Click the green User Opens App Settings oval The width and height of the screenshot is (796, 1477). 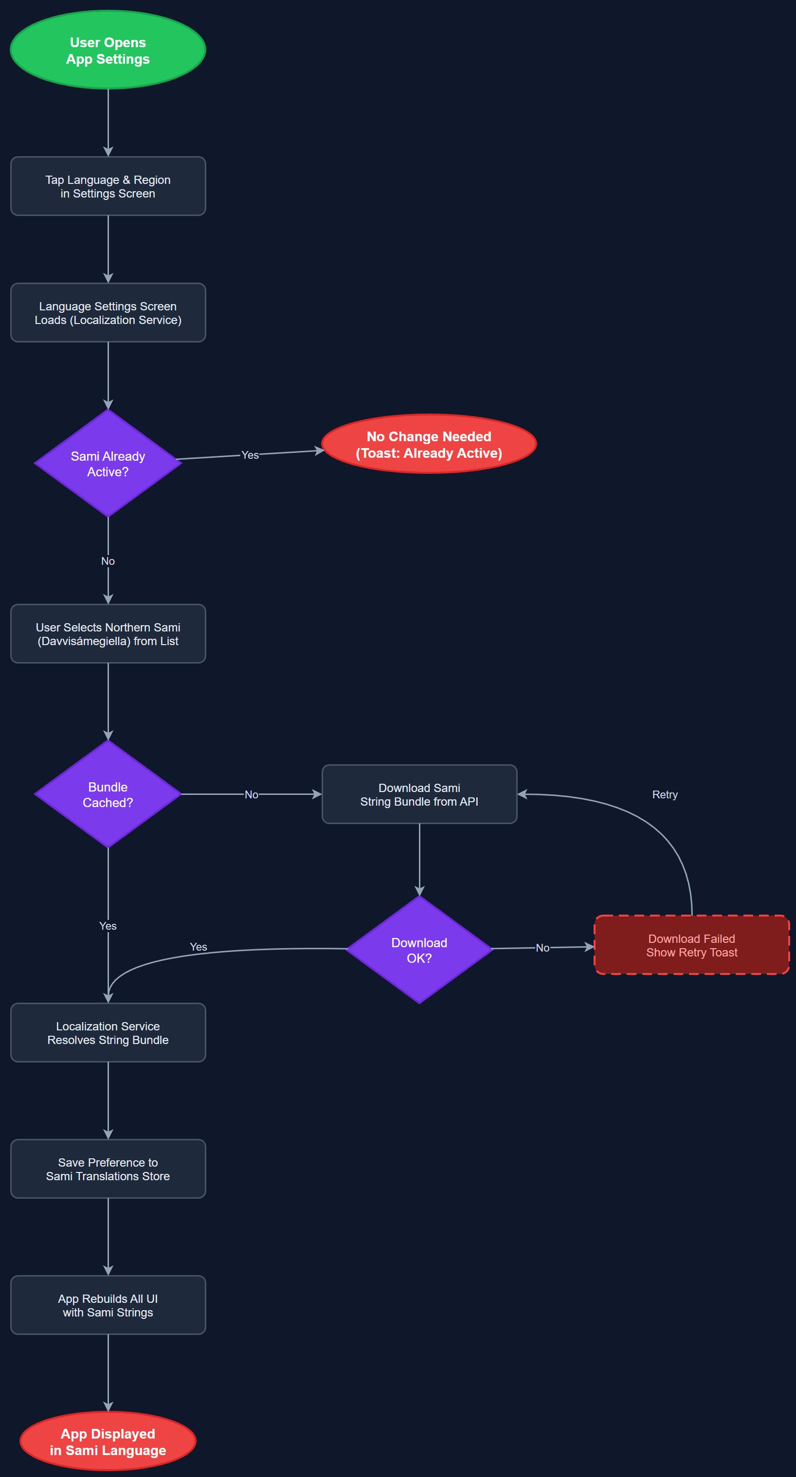tap(108, 51)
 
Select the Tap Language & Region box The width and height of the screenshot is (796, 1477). tap(108, 186)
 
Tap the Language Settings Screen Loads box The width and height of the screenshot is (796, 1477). tap(108, 313)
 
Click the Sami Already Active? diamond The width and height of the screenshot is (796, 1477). tap(108, 464)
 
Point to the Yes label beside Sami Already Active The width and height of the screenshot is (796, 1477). tap(250, 455)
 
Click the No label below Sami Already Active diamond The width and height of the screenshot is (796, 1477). tap(108, 561)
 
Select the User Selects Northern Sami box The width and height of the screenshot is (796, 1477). tap(108, 634)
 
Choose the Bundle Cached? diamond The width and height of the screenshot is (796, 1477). tap(108, 795)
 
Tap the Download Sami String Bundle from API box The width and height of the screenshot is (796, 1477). tap(419, 795)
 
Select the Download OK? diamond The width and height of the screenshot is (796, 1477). tap(419, 950)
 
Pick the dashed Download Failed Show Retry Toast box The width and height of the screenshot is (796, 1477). tap(691, 945)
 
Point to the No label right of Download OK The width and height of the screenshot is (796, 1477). tap(542, 948)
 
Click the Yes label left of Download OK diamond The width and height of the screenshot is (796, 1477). tap(199, 947)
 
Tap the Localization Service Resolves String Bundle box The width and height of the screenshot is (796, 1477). tap(108, 1033)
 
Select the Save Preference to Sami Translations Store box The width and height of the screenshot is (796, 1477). tap(108, 1169)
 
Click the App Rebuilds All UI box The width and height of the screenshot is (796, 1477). tap(108, 1306)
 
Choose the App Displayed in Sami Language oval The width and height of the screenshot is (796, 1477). tap(108, 1441)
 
